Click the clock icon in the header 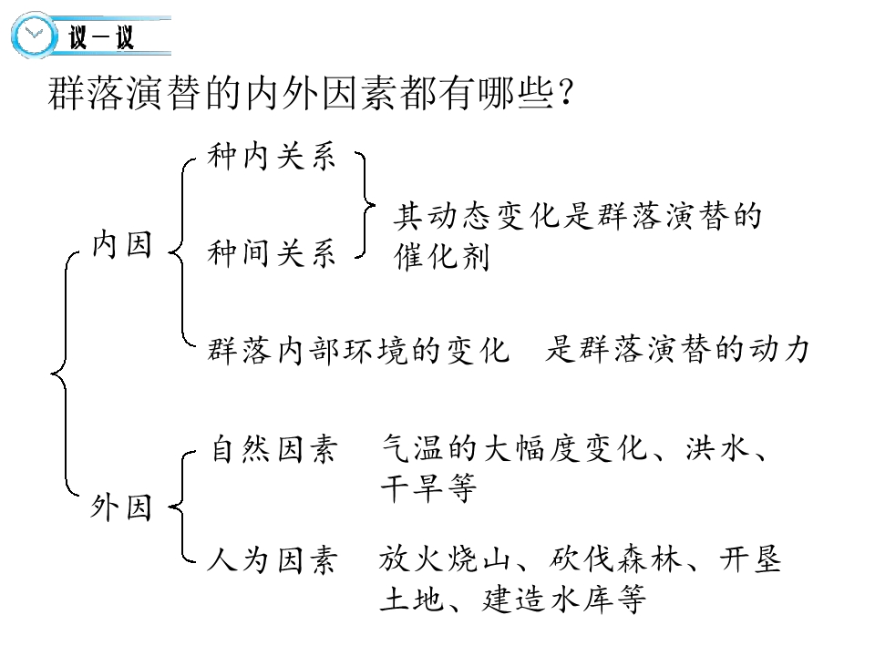pyautogui.click(x=34, y=35)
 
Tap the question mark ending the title pyautogui.click(x=565, y=93)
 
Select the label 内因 pyautogui.click(x=121, y=244)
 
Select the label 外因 pyautogui.click(x=121, y=507)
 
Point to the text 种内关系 pyautogui.click(x=272, y=156)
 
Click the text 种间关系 pyautogui.click(x=272, y=252)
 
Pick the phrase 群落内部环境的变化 pyautogui.click(x=357, y=350)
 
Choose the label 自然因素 pyautogui.click(x=274, y=448)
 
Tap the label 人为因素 pyautogui.click(x=273, y=559)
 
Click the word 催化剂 pyautogui.click(x=442, y=257)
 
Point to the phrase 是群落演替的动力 pyautogui.click(x=677, y=349)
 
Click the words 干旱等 pyautogui.click(x=428, y=488)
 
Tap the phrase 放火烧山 pyautogui.click(x=444, y=559)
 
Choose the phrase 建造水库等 pyautogui.click(x=564, y=600)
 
